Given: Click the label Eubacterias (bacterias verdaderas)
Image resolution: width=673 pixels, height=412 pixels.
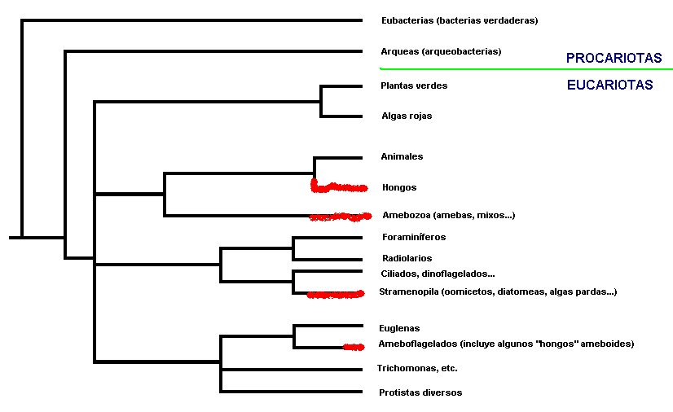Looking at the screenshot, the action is point(460,20).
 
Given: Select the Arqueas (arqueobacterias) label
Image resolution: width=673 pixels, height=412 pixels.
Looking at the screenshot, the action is point(441,51).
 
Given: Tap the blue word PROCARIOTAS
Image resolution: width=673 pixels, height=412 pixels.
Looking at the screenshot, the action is point(614,58).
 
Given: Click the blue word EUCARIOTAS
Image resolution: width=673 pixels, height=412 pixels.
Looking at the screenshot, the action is point(609,85).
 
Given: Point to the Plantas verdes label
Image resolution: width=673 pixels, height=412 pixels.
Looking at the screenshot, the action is point(414,85).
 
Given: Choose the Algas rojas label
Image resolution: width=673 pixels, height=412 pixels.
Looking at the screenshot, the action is point(407,116).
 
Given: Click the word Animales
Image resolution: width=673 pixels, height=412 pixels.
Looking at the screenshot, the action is point(402,156).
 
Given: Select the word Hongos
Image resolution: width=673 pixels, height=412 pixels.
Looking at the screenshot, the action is point(399,187).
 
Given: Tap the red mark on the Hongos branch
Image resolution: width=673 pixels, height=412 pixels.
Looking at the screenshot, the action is point(338,187).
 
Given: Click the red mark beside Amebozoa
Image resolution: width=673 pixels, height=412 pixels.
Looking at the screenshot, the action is point(341,217).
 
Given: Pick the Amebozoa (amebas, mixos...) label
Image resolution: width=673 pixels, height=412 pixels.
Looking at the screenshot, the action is point(448,215).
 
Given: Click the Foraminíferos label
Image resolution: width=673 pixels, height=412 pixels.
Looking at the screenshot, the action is point(414,237).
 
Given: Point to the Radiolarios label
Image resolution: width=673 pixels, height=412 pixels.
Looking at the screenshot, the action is point(407,258).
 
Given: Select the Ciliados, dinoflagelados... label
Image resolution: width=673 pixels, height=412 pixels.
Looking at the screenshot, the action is point(438,274).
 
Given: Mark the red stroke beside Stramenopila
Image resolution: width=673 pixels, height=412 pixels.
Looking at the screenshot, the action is point(336,294).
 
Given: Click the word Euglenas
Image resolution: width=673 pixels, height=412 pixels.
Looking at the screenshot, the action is point(399,328).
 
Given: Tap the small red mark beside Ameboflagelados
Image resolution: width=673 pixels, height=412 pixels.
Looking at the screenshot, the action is point(354,347).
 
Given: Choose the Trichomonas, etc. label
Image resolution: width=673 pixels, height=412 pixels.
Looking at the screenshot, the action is point(417,368).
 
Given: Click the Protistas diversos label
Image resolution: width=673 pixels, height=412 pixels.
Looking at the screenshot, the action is point(420,392).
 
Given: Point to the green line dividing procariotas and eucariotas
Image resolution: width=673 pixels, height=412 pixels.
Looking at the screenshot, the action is point(526,68).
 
